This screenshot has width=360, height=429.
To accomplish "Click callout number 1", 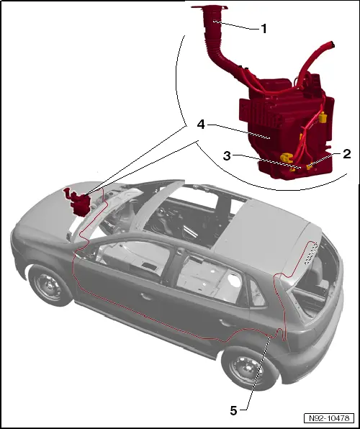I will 264,30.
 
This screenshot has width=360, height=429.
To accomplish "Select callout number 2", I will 346,153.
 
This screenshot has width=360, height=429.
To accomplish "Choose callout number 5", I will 233,410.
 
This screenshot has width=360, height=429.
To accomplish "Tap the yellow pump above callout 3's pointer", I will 287,155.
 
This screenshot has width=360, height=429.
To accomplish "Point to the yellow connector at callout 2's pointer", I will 310,167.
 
